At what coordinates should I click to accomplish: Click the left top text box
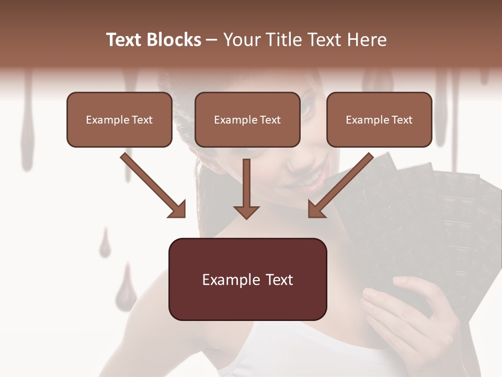(x=119, y=119)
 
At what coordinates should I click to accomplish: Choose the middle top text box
(x=247, y=119)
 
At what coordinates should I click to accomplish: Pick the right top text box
(x=379, y=119)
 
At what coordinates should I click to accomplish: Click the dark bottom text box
(x=247, y=279)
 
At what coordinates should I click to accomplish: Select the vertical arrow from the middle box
(x=246, y=188)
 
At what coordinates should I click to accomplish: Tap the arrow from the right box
(x=340, y=186)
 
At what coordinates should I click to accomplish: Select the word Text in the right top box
(x=402, y=120)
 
